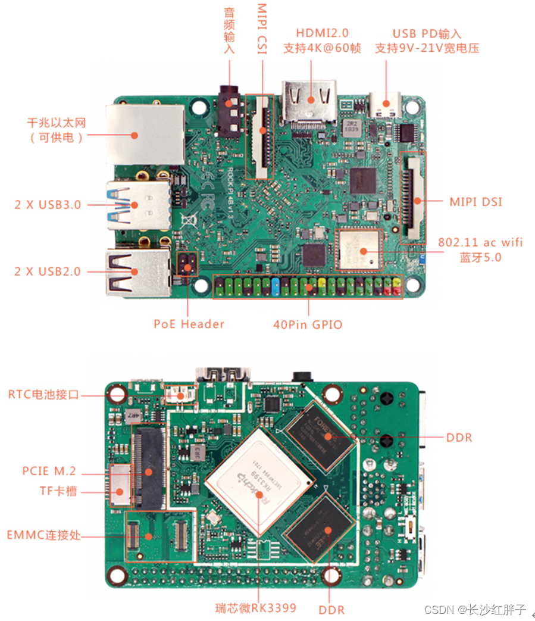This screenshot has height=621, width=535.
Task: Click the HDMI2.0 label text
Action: point(322,33)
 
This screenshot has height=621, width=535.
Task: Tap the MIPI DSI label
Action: point(475,202)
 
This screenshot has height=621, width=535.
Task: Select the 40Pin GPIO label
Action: point(308,324)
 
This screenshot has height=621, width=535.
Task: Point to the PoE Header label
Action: point(189,324)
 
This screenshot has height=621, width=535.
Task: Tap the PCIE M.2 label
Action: point(49,471)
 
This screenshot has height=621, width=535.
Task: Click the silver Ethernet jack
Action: point(145,134)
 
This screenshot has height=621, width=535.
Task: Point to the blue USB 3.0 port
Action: point(137,204)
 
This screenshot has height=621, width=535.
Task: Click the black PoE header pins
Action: point(188,266)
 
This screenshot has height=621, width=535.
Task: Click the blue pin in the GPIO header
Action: point(276,287)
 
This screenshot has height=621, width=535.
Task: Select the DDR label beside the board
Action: point(459,438)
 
